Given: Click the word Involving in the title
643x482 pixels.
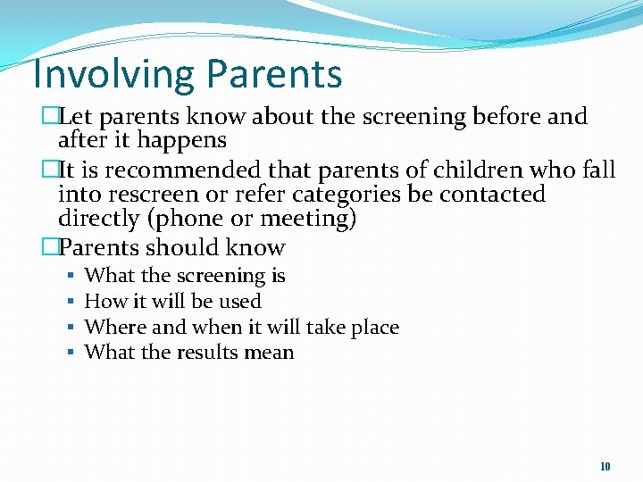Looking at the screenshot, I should (x=107, y=73).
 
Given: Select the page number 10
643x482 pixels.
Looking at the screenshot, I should (x=605, y=466).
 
